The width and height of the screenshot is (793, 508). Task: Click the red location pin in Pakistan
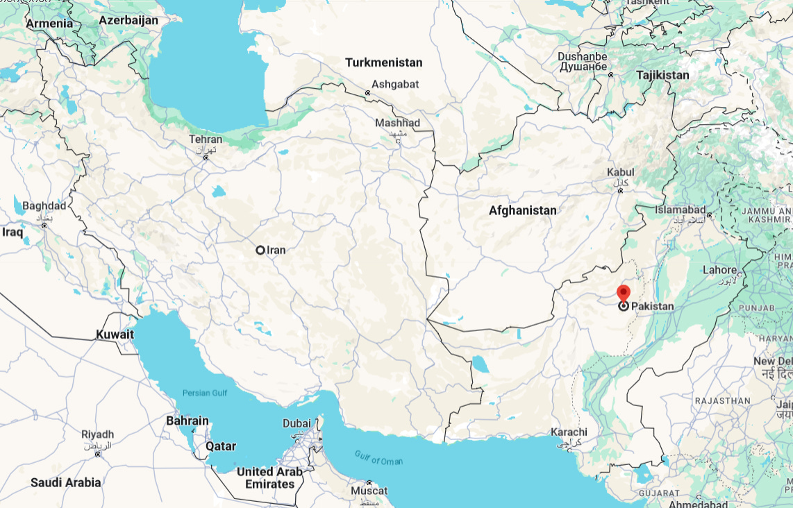pos(624,293)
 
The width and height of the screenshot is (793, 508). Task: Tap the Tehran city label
pos(206,139)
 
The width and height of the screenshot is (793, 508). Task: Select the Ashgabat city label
pos(395,83)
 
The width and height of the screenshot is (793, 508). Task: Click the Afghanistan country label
pos(522,210)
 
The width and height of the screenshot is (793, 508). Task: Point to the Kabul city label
pos(620,171)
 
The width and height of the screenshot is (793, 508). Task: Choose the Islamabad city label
pos(680,210)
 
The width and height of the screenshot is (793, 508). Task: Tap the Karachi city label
pos(569,432)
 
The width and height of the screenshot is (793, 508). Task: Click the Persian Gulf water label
pos(205,393)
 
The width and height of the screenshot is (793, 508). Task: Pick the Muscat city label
pos(369,491)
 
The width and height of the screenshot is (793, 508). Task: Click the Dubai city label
pos(297,423)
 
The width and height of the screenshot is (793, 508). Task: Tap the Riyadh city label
pos(97,434)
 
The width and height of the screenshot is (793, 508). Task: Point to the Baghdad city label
pos(44,206)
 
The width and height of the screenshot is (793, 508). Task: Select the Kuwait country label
pos(115,335)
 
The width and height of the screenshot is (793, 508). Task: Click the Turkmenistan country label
pos(383,62)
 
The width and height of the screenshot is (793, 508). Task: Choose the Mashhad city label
pos(397,123)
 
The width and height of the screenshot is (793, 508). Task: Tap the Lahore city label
pos(719,270)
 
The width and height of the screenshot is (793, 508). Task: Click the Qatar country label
pos(221,446)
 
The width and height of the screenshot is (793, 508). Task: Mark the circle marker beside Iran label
pos(260,250)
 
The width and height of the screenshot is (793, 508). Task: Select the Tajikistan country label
pos(662,75)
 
